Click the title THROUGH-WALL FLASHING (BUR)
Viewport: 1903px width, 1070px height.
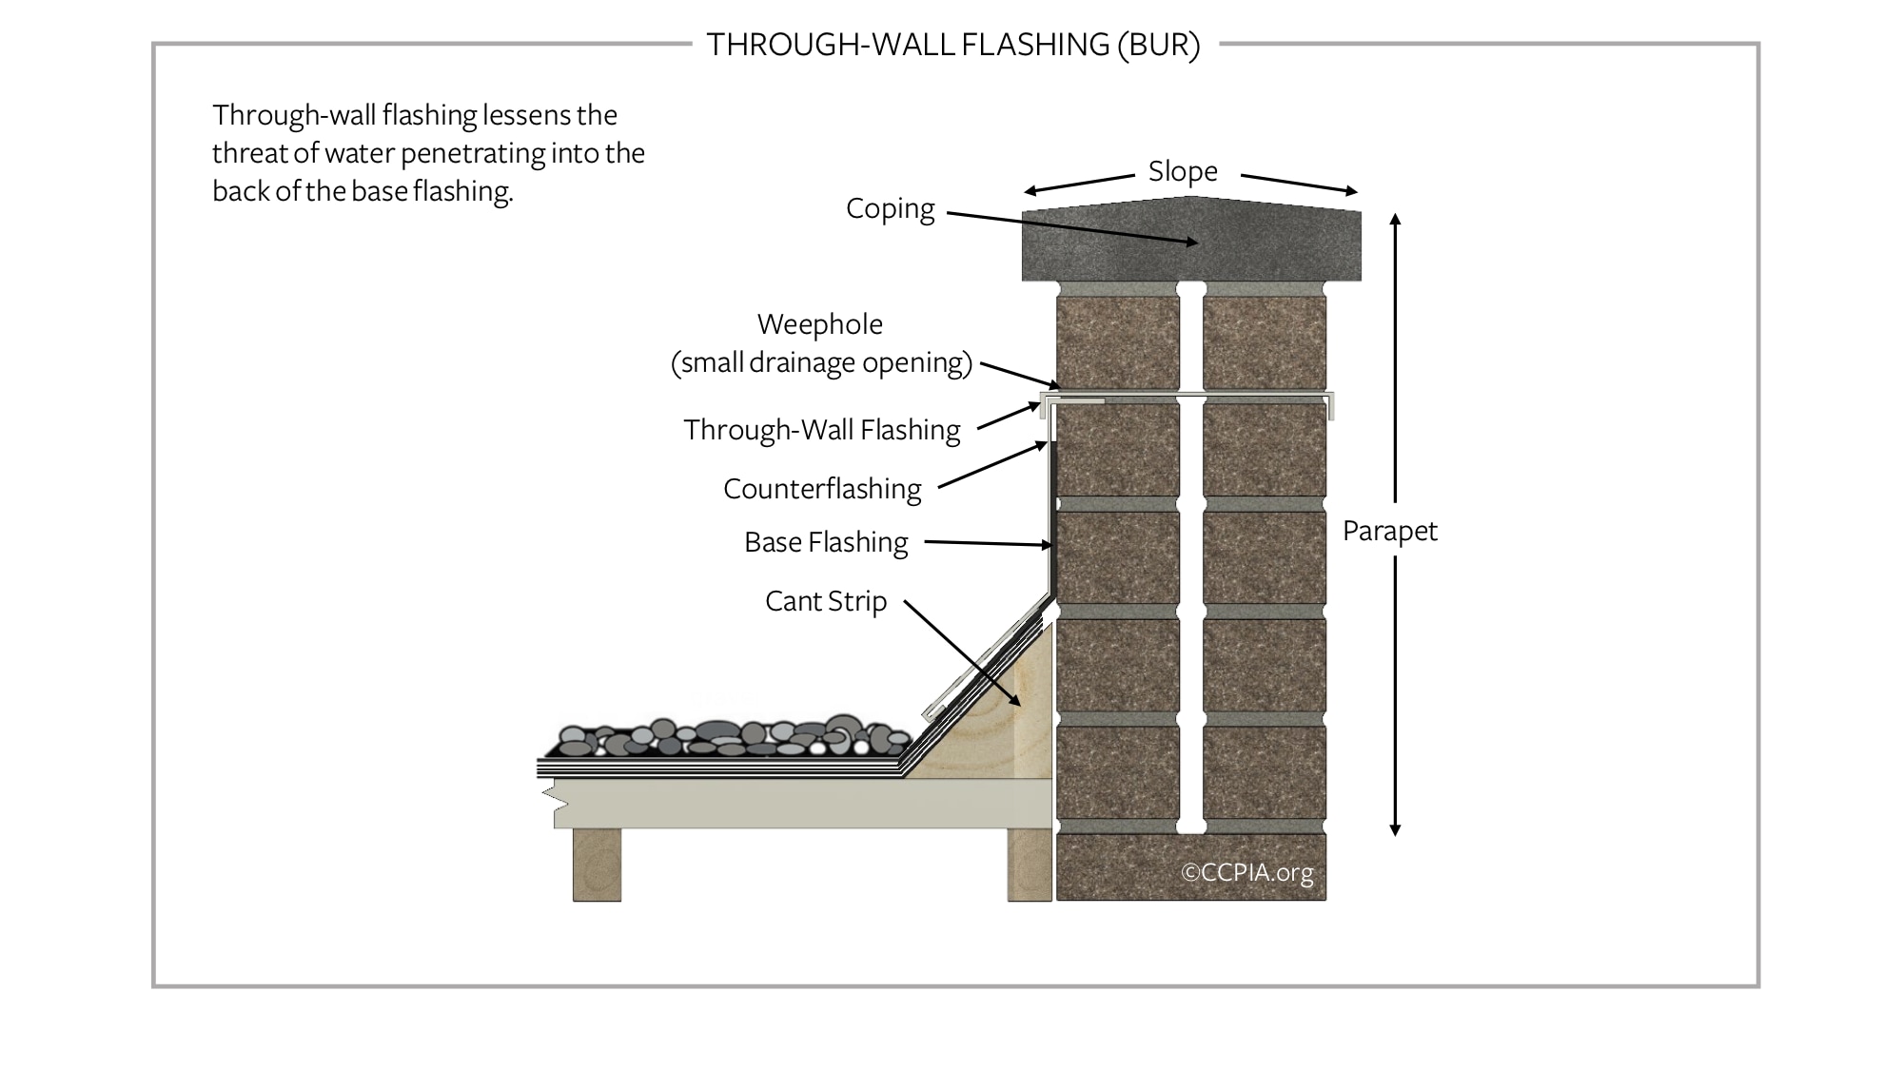(952, 45)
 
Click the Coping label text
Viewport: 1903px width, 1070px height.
(890, 208)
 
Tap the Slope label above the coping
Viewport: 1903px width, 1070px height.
(1183, 171)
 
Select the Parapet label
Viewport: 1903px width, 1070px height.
(1389, 531)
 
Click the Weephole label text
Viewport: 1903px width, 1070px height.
(819, 324)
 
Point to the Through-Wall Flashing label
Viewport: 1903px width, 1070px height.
(821, 430)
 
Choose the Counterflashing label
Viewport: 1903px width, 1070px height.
(822, 489)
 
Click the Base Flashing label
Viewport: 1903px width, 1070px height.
(826, 542)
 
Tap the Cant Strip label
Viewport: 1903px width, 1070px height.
(825, 601)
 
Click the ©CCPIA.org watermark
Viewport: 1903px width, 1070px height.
(1246, 872)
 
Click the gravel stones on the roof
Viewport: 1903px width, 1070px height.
(733, 737)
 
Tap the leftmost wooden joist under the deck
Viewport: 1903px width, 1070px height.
(597, 864)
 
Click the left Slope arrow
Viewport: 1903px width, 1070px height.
(1080, 184)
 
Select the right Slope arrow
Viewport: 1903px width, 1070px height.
(1299, 184)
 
